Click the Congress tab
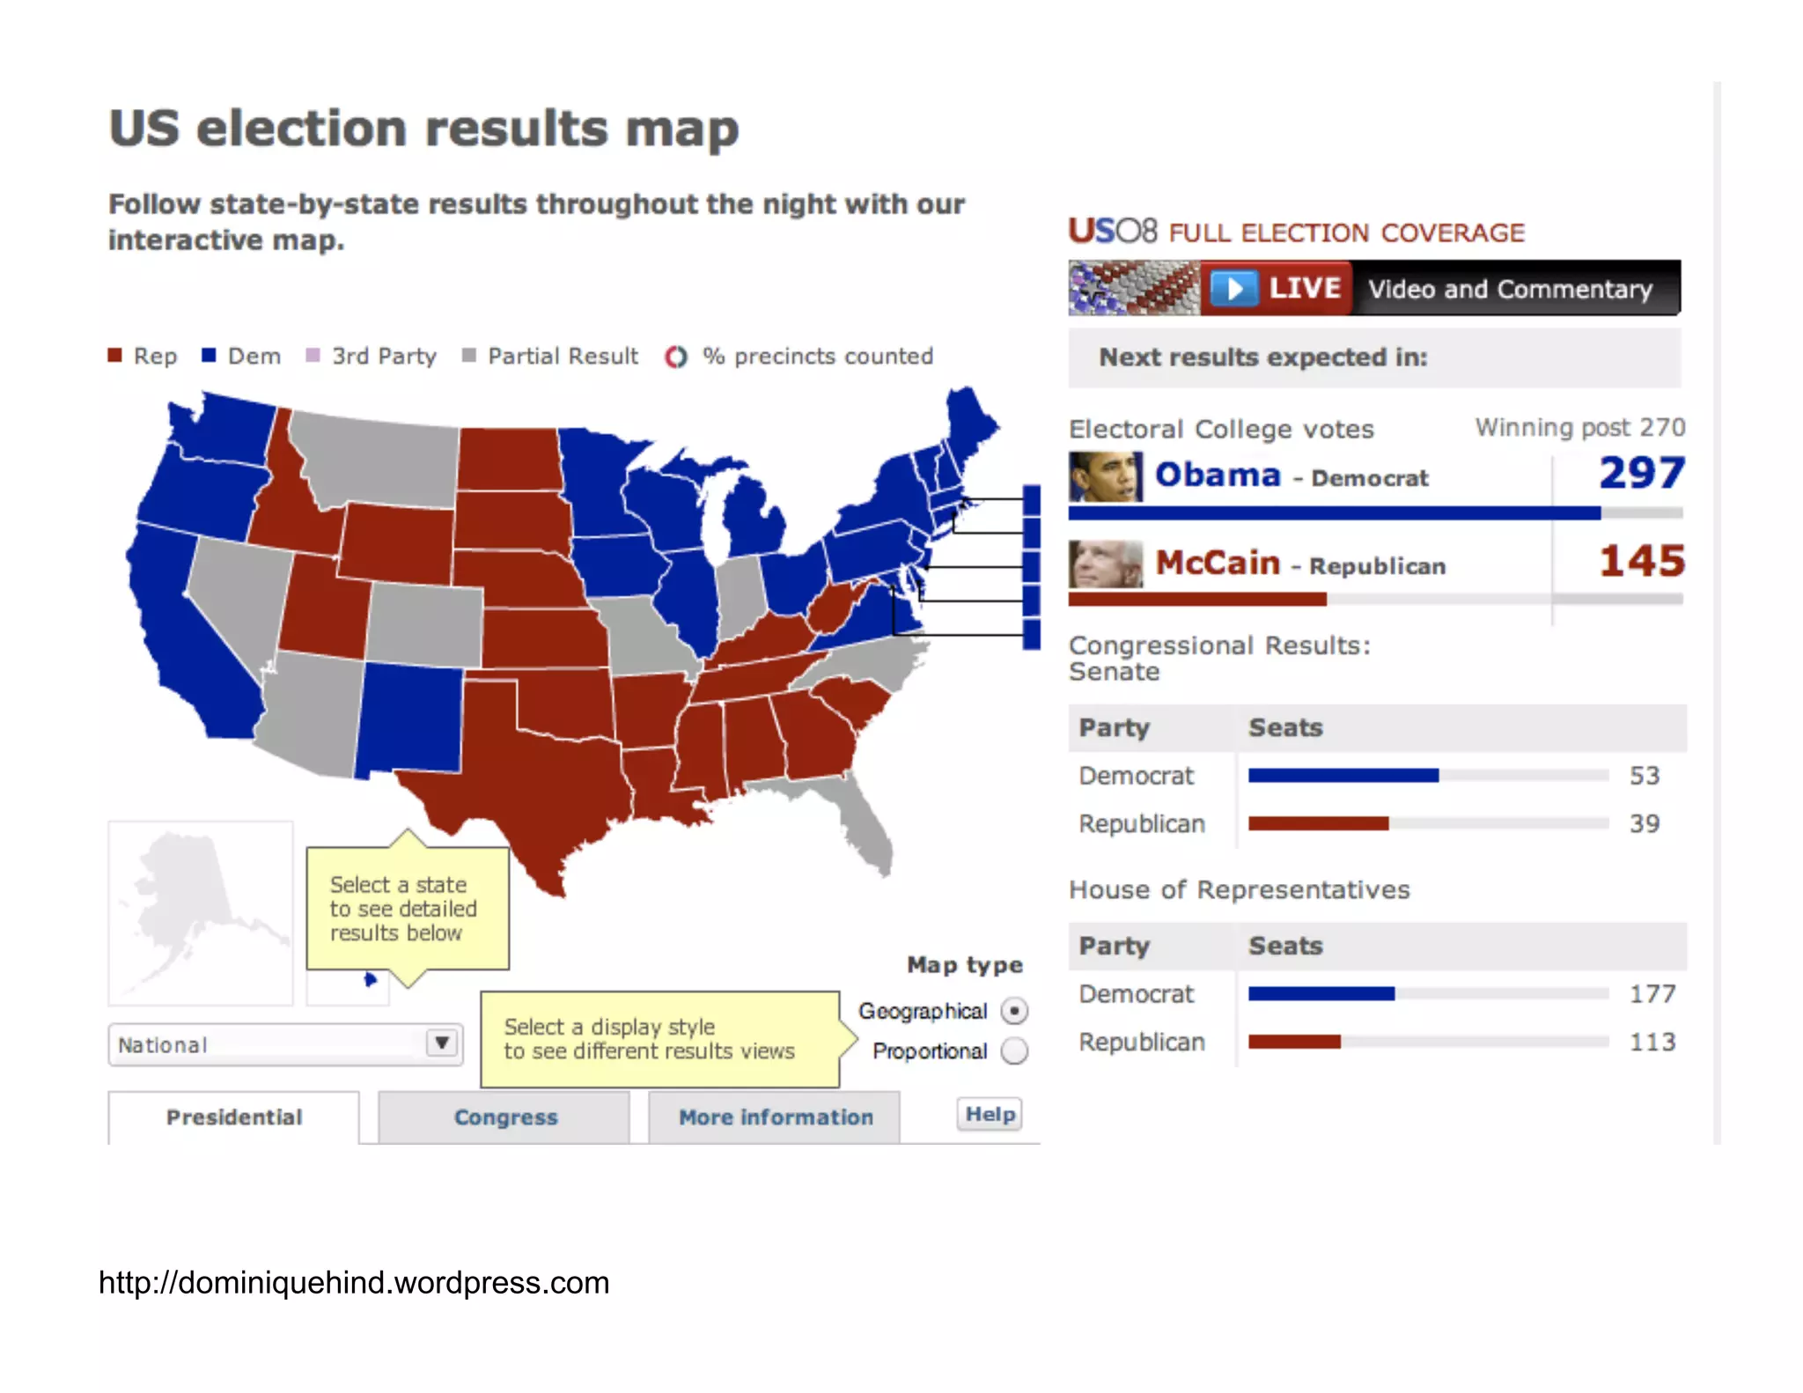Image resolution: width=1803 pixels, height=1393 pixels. coord(504,1117)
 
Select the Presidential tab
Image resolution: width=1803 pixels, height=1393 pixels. coord(233,1117)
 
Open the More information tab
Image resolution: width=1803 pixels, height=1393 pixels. coord(775,1117)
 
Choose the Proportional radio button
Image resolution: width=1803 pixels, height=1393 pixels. coord(1014,1050)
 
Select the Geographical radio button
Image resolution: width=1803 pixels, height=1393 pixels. coord(1014,1011)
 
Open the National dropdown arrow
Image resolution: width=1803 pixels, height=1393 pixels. coord(442,1043)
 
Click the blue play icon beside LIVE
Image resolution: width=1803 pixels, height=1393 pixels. coord(1234,288)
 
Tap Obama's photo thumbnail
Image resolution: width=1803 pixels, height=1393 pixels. coord(1106,476)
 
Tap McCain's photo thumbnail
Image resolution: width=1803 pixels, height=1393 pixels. coord(1106,564)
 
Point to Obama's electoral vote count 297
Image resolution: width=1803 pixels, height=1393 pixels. coord(1641,474)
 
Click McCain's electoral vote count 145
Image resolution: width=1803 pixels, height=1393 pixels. coord(1641,562)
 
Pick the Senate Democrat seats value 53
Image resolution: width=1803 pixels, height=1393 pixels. coord(1644,776)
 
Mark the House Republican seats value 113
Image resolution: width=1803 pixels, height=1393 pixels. coord(1652,1042)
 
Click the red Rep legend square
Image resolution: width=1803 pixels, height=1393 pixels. coord(114,355)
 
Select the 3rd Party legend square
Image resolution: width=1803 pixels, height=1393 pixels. coord(313,355)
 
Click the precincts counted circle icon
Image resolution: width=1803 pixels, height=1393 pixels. coord(675,357)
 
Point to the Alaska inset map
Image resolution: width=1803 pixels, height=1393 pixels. coord(200,912)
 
